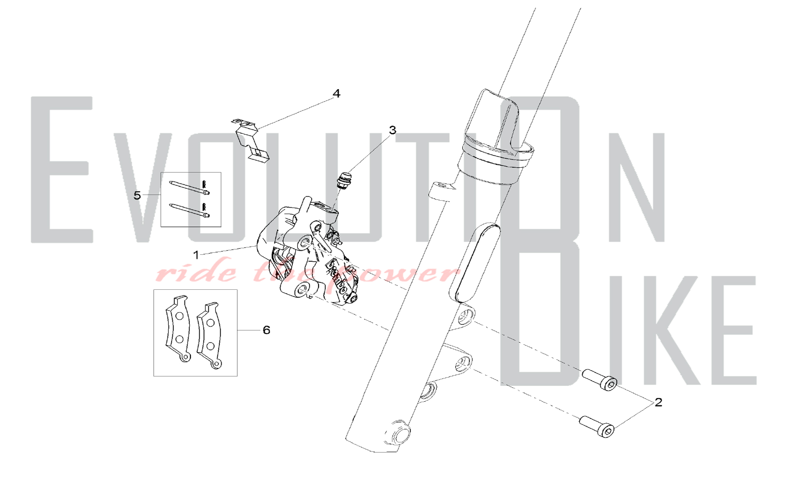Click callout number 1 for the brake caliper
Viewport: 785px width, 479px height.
(196, 255)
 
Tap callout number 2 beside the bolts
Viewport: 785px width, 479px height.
(658, 402)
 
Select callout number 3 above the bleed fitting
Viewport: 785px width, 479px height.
(392, 130)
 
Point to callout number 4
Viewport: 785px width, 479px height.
(336, 93)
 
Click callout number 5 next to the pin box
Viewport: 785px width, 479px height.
(137, 195)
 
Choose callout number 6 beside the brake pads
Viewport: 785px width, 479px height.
(267, 330)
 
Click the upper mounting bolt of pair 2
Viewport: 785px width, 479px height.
(600, 379)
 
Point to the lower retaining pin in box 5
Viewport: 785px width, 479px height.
(190, 210)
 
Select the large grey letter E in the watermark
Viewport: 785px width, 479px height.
(62, 170)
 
